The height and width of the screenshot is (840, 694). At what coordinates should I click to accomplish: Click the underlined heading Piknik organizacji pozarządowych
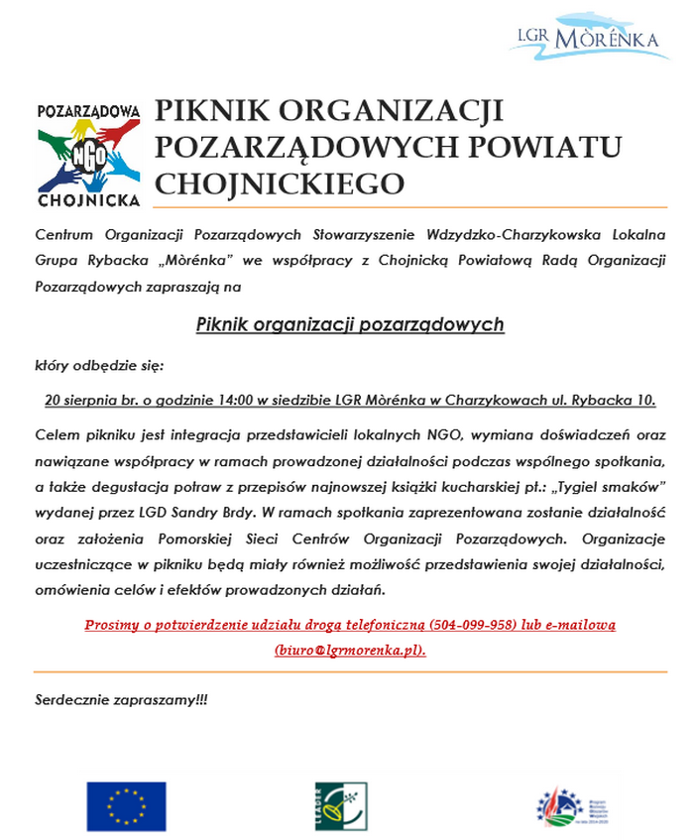350,324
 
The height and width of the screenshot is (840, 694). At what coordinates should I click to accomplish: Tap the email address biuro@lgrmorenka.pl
350,651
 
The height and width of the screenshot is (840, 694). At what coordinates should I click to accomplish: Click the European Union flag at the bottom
126,805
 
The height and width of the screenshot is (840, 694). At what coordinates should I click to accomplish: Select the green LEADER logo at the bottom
340,805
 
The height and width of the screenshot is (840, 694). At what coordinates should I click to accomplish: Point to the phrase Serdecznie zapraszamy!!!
122,699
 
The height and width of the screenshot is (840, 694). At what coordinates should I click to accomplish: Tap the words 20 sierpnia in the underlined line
83,401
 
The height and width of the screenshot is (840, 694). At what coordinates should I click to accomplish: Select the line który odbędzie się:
98,365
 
